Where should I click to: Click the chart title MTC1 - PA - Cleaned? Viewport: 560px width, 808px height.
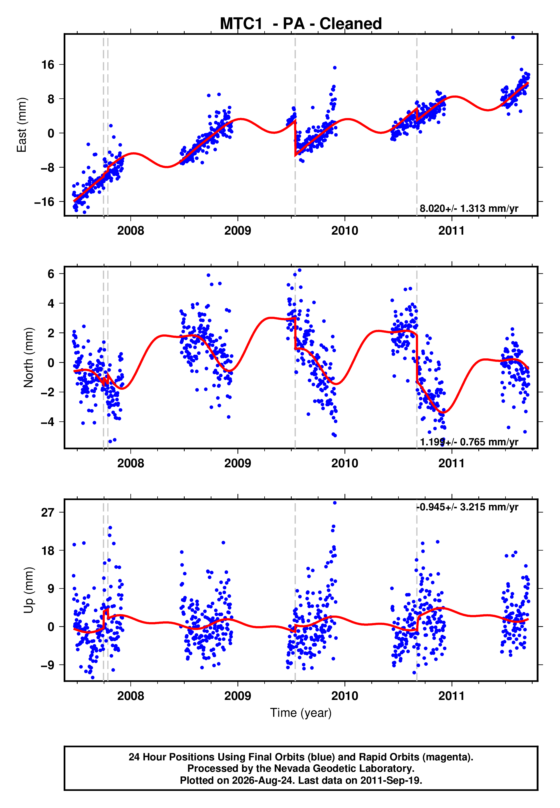pyautogui.click(x=301, y=24)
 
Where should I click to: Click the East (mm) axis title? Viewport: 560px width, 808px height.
pyautogui.click(x=22, y=125)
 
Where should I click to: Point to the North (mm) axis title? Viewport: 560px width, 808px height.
pyautogui.click(x=29, y=358)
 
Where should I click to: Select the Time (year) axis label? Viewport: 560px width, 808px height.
pyautogui.click(x=301, y=713)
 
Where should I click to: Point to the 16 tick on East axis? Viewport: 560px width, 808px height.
pyautogui.click(x=48, y=64)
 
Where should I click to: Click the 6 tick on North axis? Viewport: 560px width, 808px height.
pyautogui.click(x=51, y=274)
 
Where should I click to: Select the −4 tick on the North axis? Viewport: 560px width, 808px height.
pyautogui.click(x=48, y=422)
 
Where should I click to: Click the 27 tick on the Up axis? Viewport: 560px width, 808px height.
pyautogui.click(x=48, y=513)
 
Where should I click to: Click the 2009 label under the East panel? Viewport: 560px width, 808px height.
pyautogui.click(x=237, y=231)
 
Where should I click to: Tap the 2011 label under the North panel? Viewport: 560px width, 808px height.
pyautogui.click(x=452, y=463)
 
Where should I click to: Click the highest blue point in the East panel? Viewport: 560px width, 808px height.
pyautogui.click(x=513, y=37)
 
